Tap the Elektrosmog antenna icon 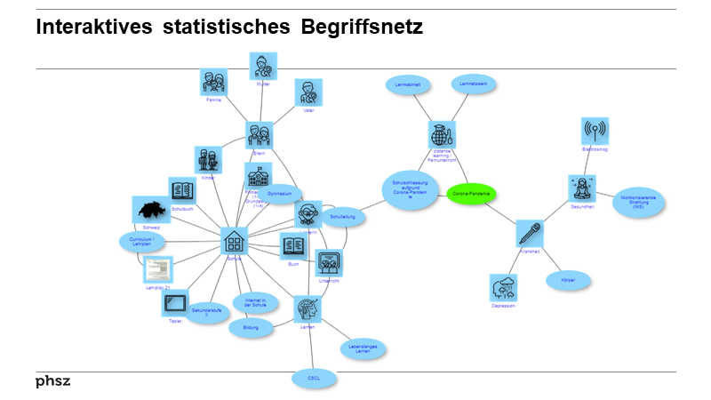tap(595, 132)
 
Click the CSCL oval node tap(315, 379)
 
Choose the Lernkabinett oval tap(409, 84)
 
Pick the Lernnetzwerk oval tap(475, 84)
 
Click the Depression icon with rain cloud tap(504, 288)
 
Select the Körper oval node tap(568, 281)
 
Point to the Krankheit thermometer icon tap(530, 234)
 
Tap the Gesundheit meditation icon tap(582, 188)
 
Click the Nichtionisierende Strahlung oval tap(639, 202)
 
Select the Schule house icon tap(235, 241)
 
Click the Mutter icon tap(263, 66)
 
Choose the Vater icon tap(308, 92)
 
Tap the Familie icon tap(214, 83)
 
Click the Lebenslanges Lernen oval tap(363, 348)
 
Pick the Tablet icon tap(175, 302)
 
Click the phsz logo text tap(52, 381)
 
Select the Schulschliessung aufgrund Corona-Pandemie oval tap(410, 189)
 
